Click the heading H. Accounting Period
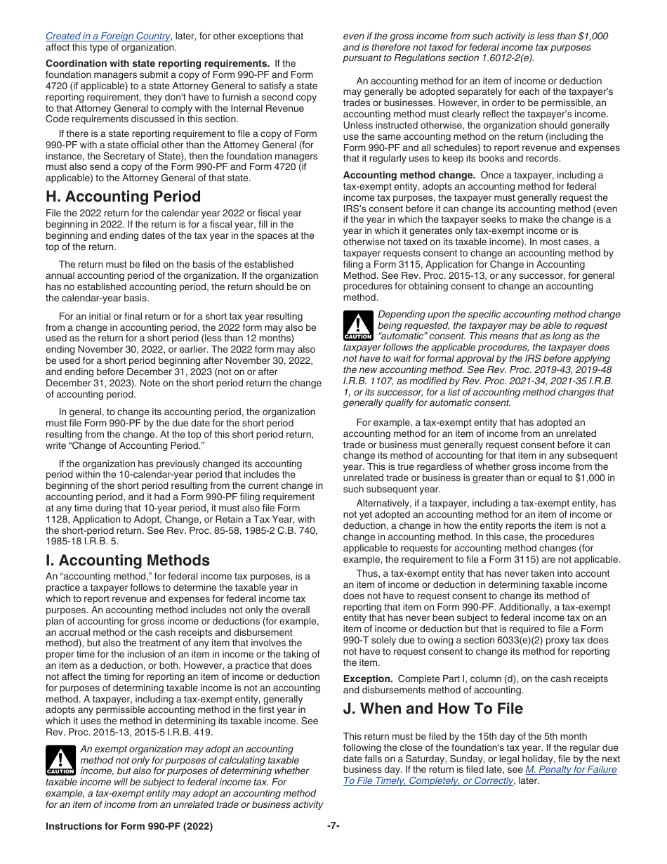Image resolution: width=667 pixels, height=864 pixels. tap(123, 197)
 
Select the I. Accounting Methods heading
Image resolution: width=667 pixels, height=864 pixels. tap(127, 561)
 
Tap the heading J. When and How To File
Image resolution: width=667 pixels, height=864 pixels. tap(432, 709)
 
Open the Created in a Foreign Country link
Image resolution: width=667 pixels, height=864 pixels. tap(107, 36)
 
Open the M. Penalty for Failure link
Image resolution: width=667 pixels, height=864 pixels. tap(571, 770)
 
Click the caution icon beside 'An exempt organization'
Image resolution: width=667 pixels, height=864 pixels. tap(60, 761)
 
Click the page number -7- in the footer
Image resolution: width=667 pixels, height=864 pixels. tap(333, 826)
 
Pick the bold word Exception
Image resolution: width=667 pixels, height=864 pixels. tap(368, 679)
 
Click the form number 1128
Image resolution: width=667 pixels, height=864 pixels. tap(58, 509)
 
